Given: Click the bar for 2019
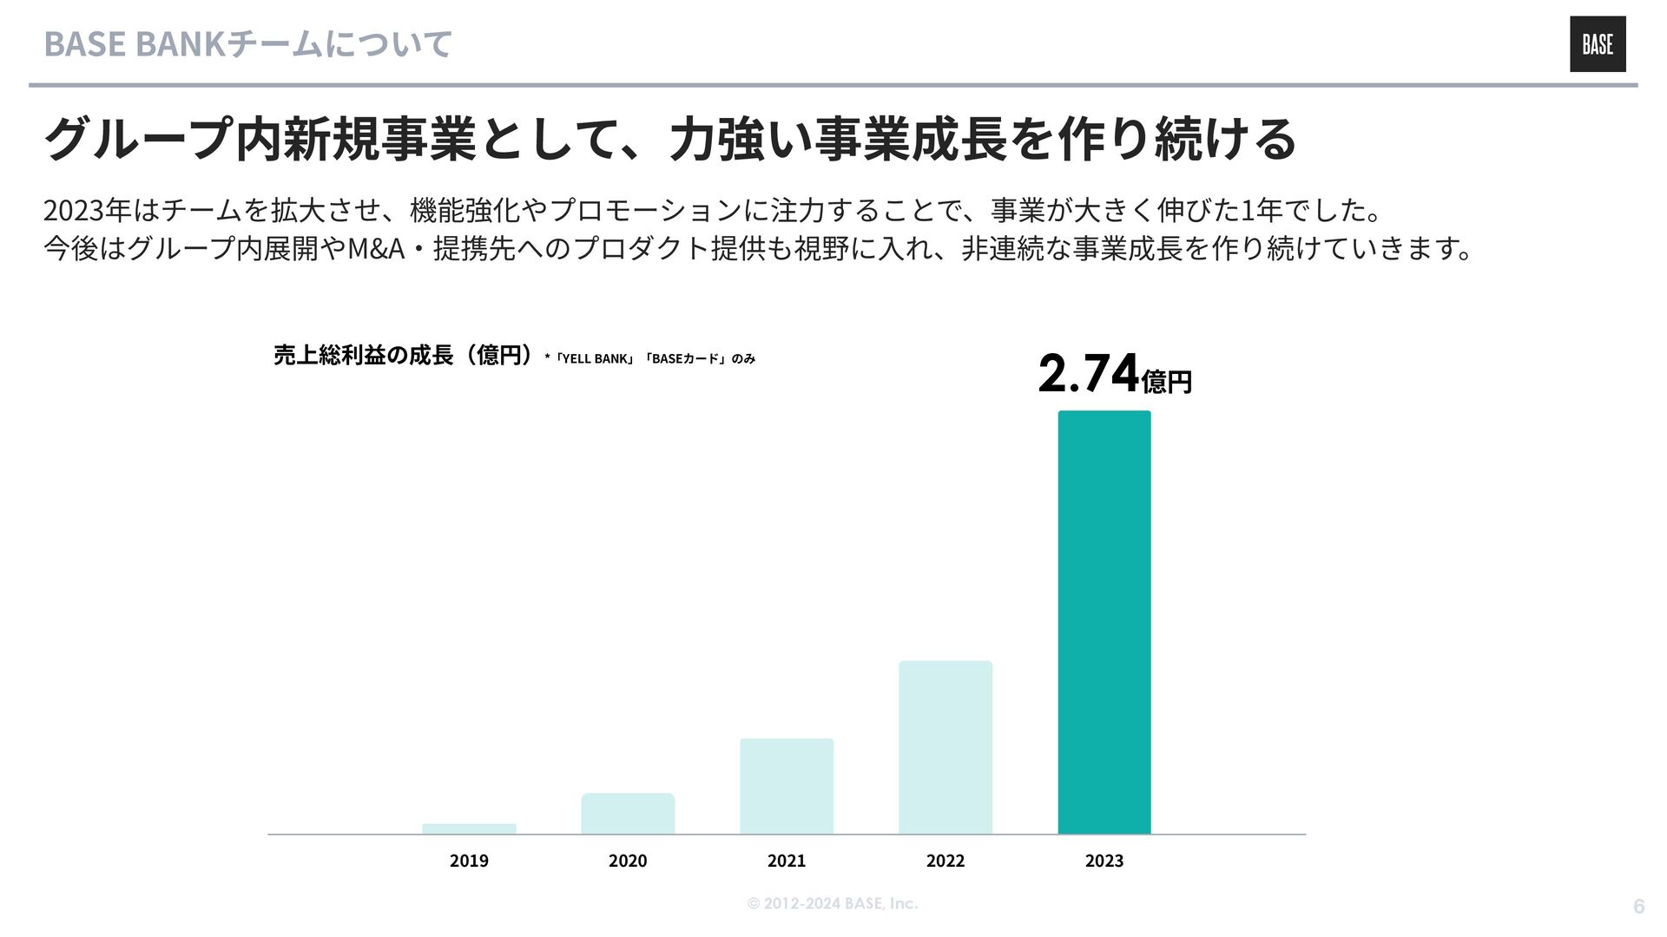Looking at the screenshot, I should [x=469, y=829].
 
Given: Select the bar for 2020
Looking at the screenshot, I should [x=628, y=814].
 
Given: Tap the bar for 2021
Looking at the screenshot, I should [x=787, y=786].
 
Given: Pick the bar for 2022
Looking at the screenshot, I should [x=946, y=747].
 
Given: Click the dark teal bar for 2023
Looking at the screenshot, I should [x=1104, y=622].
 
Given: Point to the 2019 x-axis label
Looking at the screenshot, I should [x=469, y=861].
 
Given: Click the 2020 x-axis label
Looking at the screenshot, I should [x=628, y=861].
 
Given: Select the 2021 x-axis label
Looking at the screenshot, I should [x=787, y=861].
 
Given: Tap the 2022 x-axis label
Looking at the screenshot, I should [x=946, y=861].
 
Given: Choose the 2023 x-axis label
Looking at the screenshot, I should [x=1104, y=861].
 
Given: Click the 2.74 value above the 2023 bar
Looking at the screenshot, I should [x=1089, y=374].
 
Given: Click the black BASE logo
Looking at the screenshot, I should [x=1598, y=44].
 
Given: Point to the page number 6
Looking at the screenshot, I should [x=1638, y=906].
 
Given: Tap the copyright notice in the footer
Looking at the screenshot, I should [x=832, y=903].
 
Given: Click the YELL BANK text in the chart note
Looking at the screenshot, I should [x=595, y=358].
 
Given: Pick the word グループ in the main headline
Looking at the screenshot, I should [x=138, y=139].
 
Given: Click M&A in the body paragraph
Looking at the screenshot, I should [x=376, y=249].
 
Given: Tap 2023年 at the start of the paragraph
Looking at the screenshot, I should [x=87, y=210].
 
